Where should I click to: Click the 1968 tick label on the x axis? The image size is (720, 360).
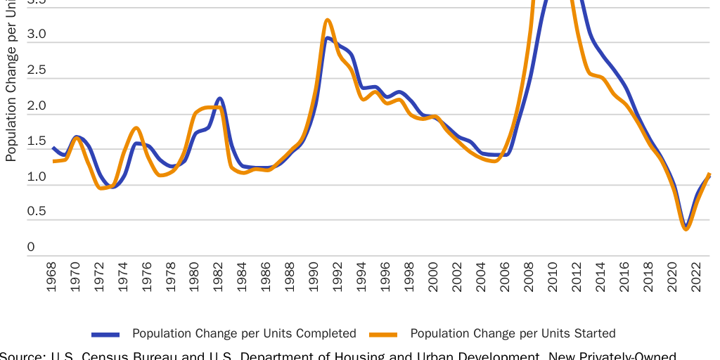click(51, 280)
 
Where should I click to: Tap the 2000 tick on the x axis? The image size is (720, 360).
click(434, 280)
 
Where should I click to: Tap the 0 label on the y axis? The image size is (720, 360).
click(31, 247)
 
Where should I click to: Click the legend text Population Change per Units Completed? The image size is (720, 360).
click(244, 333)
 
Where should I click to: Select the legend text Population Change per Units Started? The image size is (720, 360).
click(513, 333)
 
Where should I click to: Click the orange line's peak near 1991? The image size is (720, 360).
click(328, 20)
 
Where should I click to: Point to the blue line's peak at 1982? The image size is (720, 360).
click(219, 98)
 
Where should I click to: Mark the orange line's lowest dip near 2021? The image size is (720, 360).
click(686, 229)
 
